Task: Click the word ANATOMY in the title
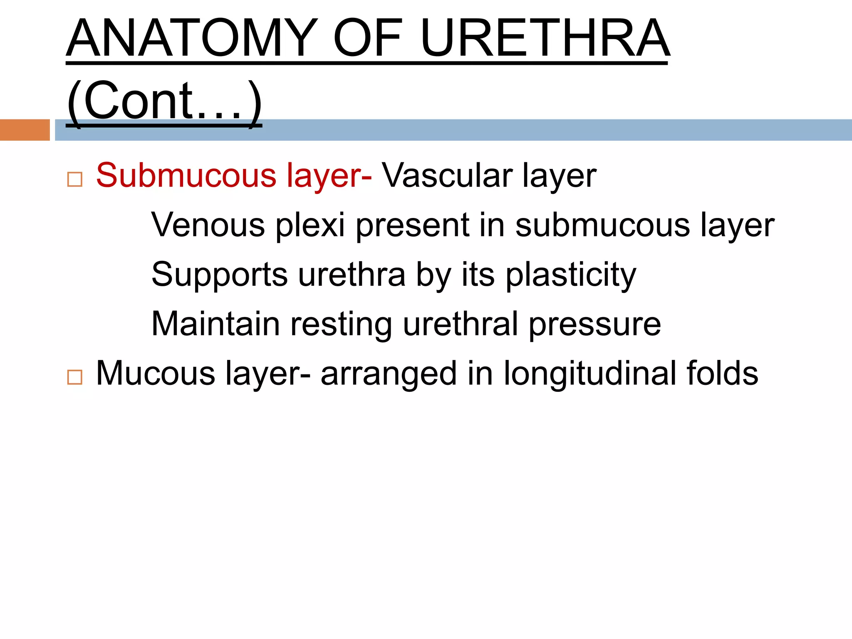pyautogui.click(x=191, y=38)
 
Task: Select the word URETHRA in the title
pyautogui.click(x=545, y=38)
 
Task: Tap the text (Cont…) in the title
pyautogui.click(x=164, y=101)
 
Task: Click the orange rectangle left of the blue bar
pyautogui.click(x=25, y=130)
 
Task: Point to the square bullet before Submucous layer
pyautogui.click(x=75, y=179)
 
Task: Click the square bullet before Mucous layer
pyautogui.click(x=75, y=377)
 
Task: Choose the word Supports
pyautogui.click(x=219, y=275)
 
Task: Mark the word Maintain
pyautogui.click(x=215, y=324)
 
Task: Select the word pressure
pyautogui.click(x=595, y=324)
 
